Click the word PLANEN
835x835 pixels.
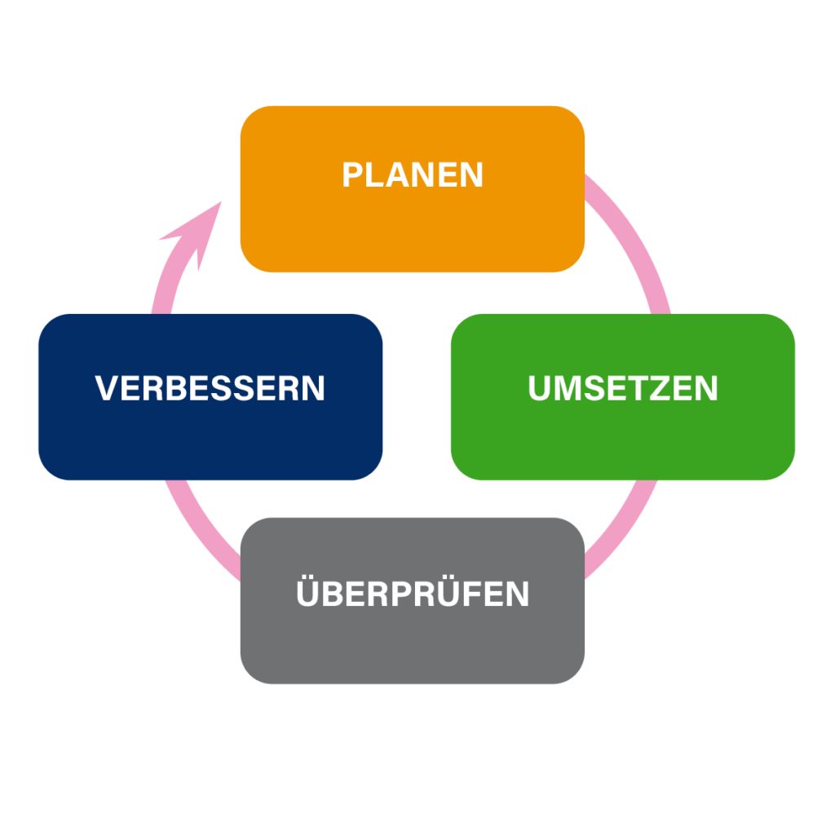click(413, 175)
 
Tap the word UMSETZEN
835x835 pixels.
click(623, 389)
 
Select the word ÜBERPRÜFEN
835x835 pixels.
click(413, 593)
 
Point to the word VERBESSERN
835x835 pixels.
click(210, 388)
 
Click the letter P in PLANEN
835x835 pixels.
click(351, 175)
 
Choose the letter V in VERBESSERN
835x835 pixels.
click(106, 388)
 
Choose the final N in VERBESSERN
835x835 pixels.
click(313, 388)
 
